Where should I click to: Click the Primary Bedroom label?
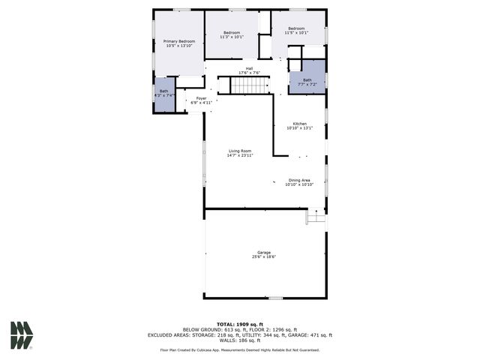point(178,41)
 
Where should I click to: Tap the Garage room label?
point(264,252)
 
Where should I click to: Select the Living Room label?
point(240,151)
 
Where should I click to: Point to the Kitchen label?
point(299,124)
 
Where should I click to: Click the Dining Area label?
point(300,180)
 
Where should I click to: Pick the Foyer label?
point(201,98)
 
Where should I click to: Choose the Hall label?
point(249,68)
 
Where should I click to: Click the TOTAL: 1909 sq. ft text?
point(240,323)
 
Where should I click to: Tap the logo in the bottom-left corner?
point(21,334)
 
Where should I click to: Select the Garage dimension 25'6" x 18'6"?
point(264,256)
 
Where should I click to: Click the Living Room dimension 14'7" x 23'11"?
point(240,155)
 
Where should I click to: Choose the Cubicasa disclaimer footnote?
point(240,349)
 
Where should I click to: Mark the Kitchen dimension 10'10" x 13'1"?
point(299,128)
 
